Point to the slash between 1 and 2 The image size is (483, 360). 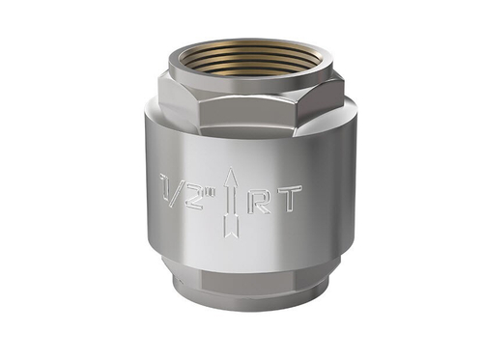tap(180, 189)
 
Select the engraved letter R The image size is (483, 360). tap(259, 199)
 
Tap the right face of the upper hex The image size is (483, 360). tap(324, 100)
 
